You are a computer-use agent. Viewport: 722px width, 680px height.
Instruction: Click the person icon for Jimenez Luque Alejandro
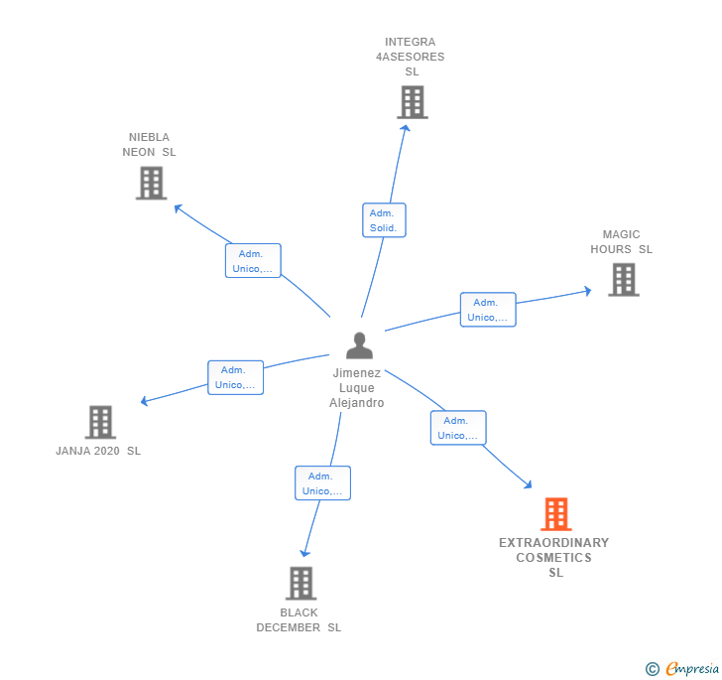click(359, 345)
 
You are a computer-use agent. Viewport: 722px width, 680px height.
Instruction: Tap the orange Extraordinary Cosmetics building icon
click(555, 514)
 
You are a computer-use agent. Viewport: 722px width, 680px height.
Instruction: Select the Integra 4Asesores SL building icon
click(412, 102)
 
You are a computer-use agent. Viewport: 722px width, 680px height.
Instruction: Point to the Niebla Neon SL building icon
click(151, 183)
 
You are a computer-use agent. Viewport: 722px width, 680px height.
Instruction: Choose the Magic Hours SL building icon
click(623, 280)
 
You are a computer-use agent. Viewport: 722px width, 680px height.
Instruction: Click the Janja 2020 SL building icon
click(100, 422)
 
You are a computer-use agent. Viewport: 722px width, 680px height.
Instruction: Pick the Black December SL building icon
click(301, 583)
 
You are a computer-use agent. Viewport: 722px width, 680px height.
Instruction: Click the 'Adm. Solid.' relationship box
click(383, 220)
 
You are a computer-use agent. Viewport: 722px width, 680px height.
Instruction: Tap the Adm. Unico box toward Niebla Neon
click(253, 261)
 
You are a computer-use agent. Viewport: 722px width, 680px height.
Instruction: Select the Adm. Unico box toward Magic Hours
click(488, 310)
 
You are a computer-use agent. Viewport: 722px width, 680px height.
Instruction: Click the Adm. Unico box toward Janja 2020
click(235, 377)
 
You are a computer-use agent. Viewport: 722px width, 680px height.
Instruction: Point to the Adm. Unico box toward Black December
click(322, 483)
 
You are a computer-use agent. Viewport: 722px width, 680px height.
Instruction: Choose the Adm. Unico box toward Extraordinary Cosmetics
click(458, 428)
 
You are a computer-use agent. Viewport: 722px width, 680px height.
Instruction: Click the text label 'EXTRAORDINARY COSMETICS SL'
click(554, 558)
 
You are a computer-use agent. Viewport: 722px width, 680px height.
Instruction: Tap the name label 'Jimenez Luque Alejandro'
click(357, 388)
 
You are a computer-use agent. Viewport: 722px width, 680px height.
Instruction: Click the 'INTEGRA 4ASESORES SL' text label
click(410, 57)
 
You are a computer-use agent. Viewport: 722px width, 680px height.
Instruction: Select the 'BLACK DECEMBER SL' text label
click(299, 620)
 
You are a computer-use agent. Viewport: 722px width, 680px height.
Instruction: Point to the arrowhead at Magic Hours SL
click(587, 291)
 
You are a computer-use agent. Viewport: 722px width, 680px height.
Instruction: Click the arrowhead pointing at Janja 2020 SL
click(145, 401)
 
